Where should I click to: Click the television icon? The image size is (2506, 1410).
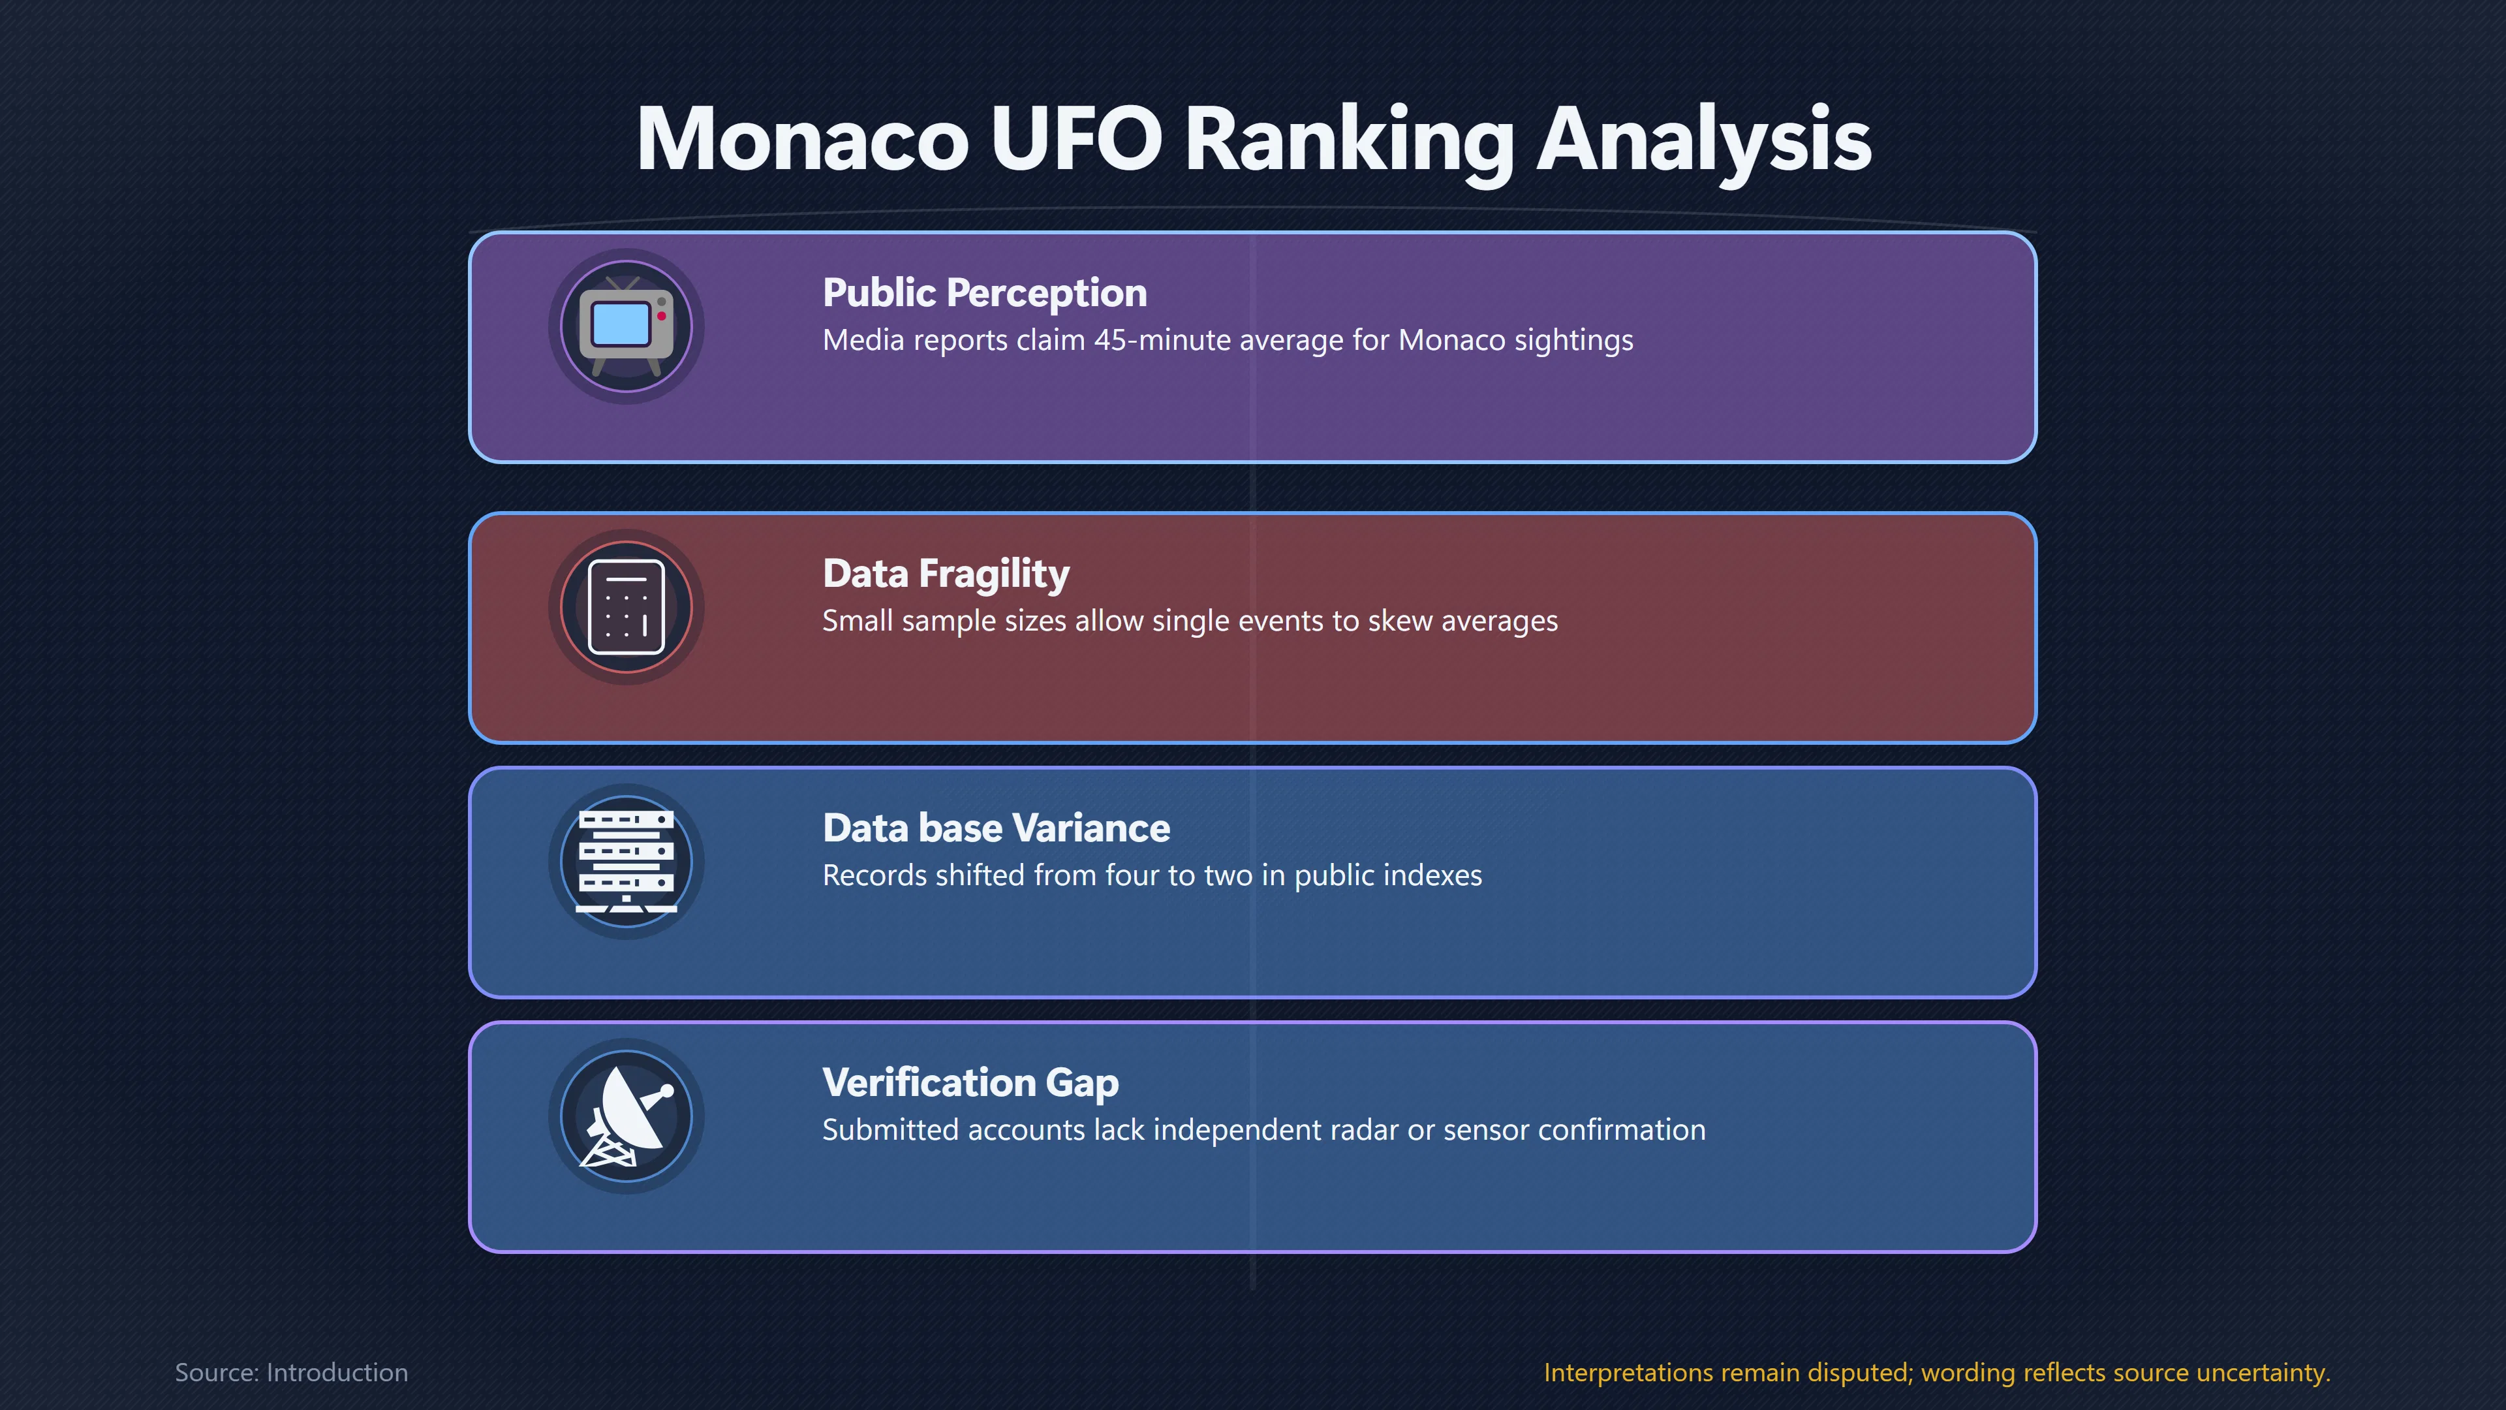pyautogui.click(x=626, y=326)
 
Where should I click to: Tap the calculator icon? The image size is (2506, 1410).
pyautogui.click(x=626, y=607)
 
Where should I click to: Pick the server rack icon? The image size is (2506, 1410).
pyautogui.click(x=626, y=861)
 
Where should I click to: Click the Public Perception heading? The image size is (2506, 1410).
pyautogui.click(x=985, y=293)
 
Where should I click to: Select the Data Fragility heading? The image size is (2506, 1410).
pyautogui.click(x=946, y=574)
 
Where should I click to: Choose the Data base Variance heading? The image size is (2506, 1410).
pyautogui.click(x=996, y=828)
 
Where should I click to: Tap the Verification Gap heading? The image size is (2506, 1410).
pyautogui.click(x=970, y=1083)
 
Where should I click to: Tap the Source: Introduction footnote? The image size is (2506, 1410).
pyautogui.click(x=291, y=1372)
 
